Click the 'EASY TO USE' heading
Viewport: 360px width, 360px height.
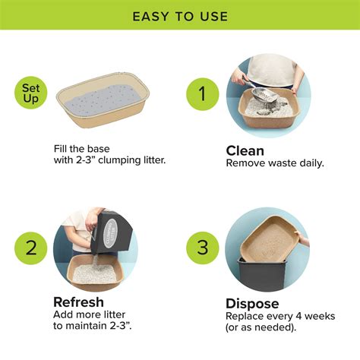coord(180,16)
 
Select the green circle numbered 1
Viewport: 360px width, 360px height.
coord(203,94)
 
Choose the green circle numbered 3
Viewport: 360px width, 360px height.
coord(203,248)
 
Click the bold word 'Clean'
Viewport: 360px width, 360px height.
coord(246,150)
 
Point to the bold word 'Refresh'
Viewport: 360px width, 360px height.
coord(79,302)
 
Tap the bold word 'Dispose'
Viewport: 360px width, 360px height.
coord(253,303)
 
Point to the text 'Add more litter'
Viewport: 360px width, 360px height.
coord(89,315)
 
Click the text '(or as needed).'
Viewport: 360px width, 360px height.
coord(261,327)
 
